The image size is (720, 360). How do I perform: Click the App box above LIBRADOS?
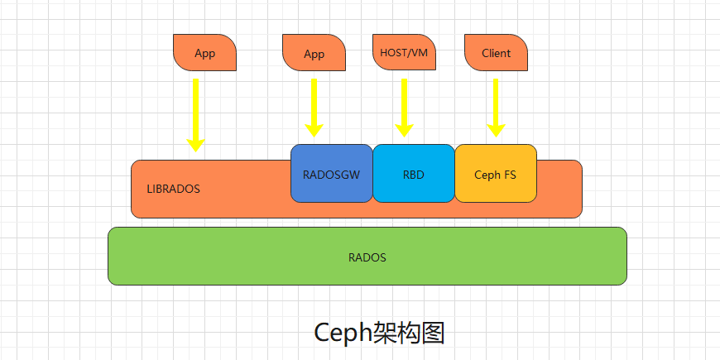tap(204, 53)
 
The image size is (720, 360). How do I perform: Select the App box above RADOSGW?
tap(314, 54)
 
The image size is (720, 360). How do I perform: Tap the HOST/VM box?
tap(404, 52)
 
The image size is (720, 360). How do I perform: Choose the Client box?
tap(497, 53)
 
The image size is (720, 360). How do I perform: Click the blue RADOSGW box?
tap(331, 174)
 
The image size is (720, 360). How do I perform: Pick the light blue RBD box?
tap(413, 174)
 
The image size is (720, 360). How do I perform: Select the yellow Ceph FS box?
tap(495, 174)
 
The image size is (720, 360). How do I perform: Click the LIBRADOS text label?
tap(173, 189)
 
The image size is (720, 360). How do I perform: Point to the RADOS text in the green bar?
tap(367, 257)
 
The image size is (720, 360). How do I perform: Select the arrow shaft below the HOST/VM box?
tap(404, 99)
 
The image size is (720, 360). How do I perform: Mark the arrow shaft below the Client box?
tap(496, 99)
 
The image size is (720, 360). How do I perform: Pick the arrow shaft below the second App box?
tap(314, 99)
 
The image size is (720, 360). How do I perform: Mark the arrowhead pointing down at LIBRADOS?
tap(196, 145)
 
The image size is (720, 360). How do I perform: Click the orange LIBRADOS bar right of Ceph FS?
tap(559, 189)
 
